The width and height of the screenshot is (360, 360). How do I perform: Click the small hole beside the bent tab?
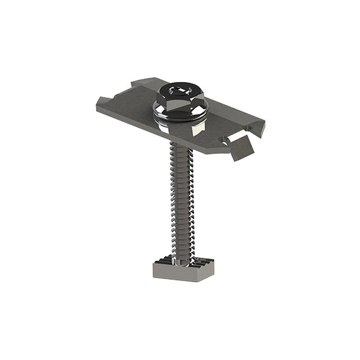coord(225,143)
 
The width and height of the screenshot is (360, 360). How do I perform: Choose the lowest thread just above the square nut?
coord(182,252)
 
